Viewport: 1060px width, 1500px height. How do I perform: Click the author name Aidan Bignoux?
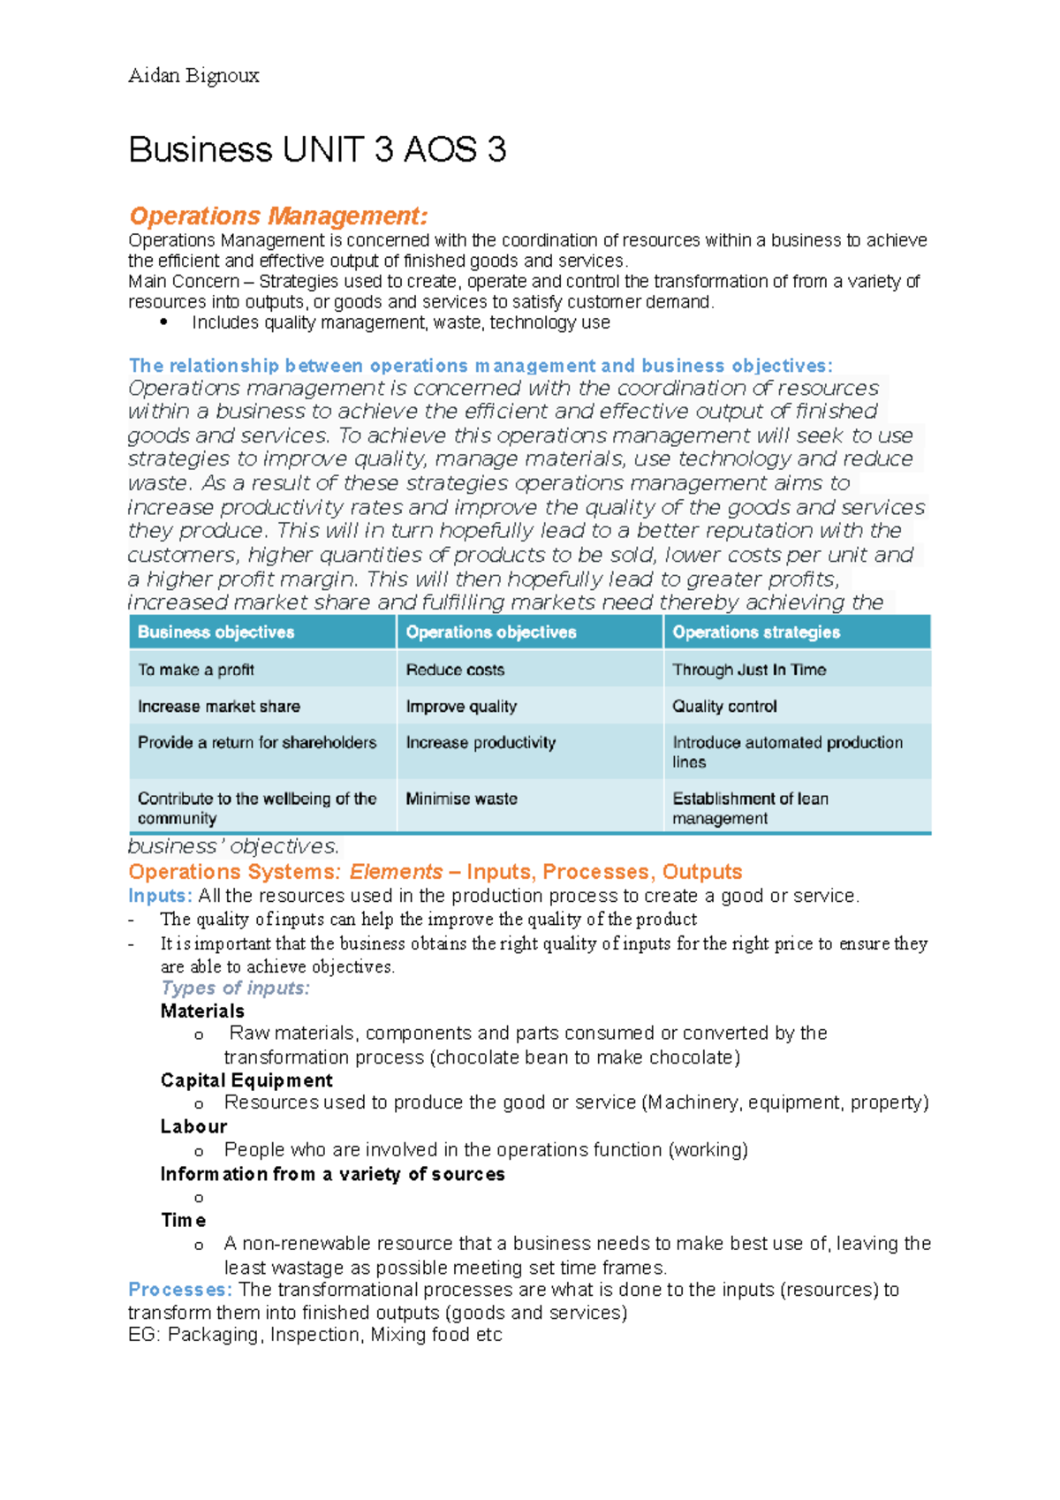point(193,76)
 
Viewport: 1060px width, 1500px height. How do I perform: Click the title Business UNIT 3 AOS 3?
point(317,149)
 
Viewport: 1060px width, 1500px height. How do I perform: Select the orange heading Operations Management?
point(278,216)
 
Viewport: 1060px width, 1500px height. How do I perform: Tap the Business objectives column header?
point(216,632)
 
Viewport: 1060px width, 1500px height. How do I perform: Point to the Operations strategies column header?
point(756,632)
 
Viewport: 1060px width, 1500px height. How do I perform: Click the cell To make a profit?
point(196,670)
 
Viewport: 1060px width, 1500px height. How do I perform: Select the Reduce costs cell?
point(455,670)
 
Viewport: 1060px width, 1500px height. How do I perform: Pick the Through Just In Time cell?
point(749,670)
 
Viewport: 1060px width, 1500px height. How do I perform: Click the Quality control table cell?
point(724,706)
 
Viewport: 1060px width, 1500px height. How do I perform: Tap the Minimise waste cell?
point(461,799)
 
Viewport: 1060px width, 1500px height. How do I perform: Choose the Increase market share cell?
point(219,706)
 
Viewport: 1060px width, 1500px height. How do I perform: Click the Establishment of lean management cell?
point(750,807)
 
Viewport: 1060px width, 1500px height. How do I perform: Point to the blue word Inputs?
point(160,896)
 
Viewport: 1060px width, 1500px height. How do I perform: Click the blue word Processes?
point(180,1290)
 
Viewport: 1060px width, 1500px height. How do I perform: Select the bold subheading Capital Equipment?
point(246,1080)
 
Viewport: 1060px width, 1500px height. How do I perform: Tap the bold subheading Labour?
point(193,1126)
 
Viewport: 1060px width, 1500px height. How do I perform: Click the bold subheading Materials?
point(202,1011)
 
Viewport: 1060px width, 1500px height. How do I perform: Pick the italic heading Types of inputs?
point(235,988)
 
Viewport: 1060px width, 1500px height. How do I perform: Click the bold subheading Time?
point(184,1220)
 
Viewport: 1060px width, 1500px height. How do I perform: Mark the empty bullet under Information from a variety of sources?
point(199,1198)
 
